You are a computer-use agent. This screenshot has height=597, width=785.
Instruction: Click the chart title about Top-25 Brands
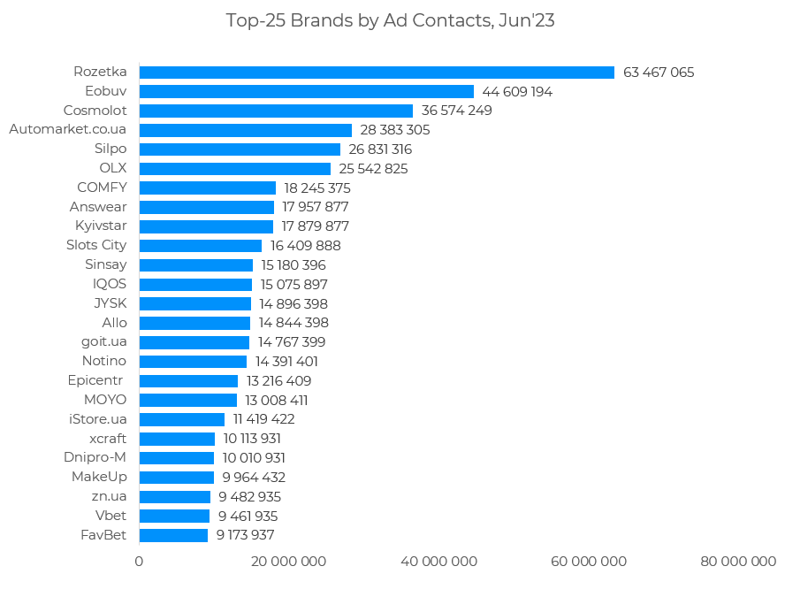390,20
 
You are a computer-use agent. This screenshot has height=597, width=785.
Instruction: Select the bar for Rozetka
377,73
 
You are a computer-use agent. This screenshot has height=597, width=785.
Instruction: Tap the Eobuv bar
306,92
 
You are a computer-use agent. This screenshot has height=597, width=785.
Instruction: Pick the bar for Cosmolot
276,111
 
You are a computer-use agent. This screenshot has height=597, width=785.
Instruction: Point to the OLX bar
234,168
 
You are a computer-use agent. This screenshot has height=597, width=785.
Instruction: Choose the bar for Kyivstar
206,226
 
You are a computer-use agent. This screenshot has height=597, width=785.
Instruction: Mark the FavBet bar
173,535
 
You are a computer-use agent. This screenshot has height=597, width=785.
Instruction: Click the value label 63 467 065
659,73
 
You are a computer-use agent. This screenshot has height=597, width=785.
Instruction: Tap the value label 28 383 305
394,130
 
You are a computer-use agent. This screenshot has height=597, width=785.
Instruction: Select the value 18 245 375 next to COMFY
317,188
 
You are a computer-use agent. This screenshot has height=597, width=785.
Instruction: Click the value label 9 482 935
249,496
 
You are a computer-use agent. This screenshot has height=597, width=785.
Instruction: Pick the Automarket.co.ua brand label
67,130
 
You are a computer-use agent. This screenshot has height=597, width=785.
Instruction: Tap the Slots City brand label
96,245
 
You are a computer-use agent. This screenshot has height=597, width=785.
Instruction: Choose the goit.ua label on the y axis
103,341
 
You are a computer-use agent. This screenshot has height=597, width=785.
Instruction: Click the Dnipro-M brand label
95,457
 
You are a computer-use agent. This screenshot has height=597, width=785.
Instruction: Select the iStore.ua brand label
98,418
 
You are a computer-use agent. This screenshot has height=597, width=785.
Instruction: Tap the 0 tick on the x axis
139,562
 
